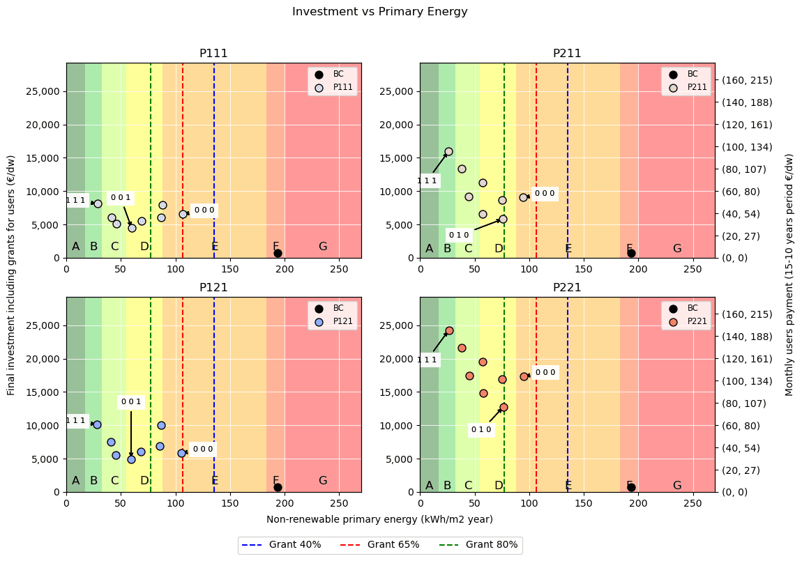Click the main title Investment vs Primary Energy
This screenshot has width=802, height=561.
pyautogui.click(x=379, y=12)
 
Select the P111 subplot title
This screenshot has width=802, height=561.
pyautogui.click(x=213, y=54)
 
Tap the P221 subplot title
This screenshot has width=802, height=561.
pyautogui.click(x=567, y=288)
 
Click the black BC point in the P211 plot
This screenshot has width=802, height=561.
pyautogui.click(x=631, y=253)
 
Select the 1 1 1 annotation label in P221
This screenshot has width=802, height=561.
pyautogui.click(x=428, y=360)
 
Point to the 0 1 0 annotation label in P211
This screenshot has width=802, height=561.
pyautogui.click(x=459, y=235)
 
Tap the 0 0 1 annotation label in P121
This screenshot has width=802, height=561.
pyautogui.click(x=131, y=401)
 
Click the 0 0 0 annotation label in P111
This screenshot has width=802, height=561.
pyautogui.click(x=204, y=210)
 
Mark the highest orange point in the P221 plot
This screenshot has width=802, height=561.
pyautogui.click(x=449, y=330)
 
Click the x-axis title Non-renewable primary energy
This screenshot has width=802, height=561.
pyautogui.click(x=379, y=519)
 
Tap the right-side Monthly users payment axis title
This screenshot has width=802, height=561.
pyautogui.click(x=789, y=275)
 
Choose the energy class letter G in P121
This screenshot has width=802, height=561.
pyautogui.click(x=323, y=480)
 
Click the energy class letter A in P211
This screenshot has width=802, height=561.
pyautogui.click(x=429, y=249)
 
